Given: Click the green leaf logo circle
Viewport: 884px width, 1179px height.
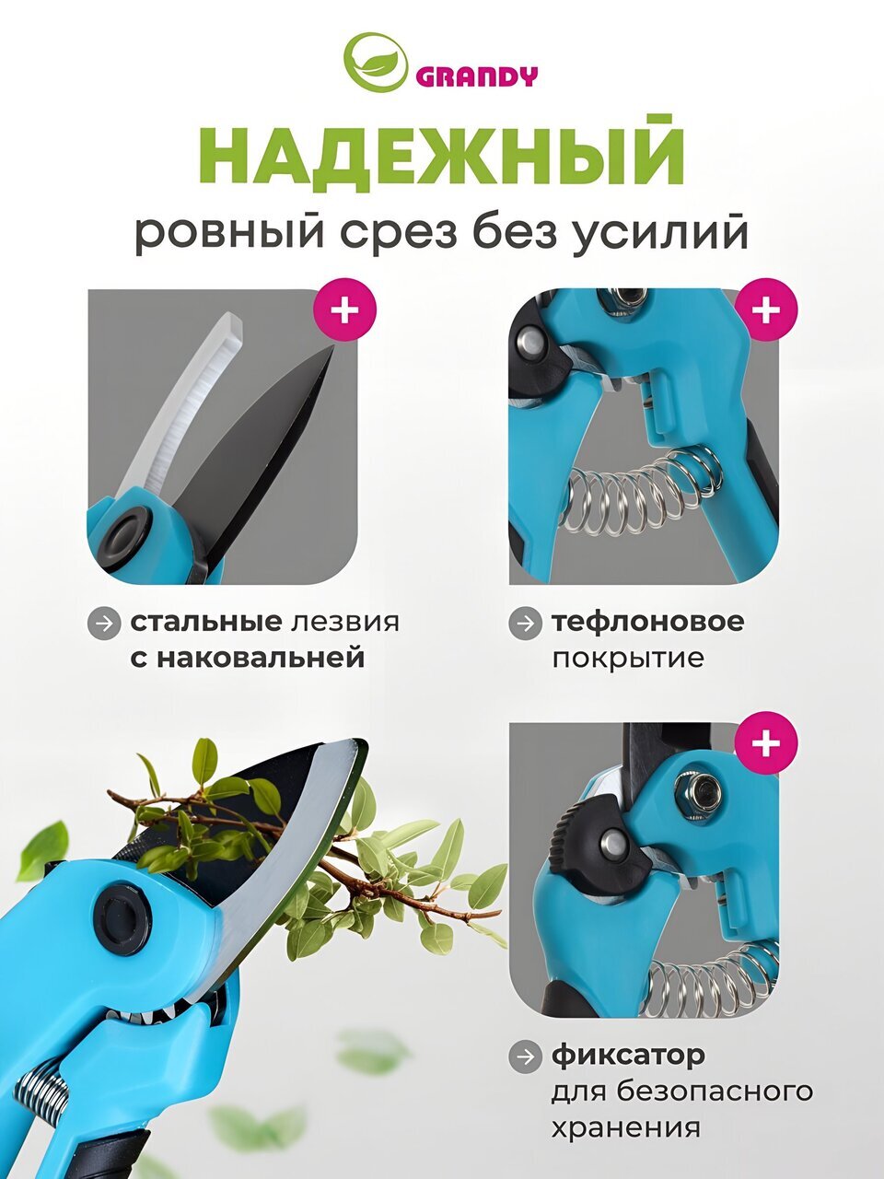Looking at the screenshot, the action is point(376,60).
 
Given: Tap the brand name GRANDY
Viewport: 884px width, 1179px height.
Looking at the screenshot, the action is point(476,77).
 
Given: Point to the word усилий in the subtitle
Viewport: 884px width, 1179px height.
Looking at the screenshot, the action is point(658,231).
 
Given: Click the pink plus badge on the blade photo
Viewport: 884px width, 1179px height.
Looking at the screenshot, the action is point(345,309).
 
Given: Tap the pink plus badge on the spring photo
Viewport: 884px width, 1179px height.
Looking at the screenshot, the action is point(766,309).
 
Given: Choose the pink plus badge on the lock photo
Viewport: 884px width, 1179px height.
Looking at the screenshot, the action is point(766,742).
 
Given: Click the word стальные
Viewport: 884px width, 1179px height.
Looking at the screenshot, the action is point(205,622).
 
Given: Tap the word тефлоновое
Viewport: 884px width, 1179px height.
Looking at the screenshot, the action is point(648,622).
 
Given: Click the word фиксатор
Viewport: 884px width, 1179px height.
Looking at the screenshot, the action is point(629,1056).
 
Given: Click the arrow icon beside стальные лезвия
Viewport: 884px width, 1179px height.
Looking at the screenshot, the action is point(103,624).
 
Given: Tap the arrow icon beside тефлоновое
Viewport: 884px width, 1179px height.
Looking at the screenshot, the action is point(525,624).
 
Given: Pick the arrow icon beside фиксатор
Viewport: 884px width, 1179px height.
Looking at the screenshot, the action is point(525,1057).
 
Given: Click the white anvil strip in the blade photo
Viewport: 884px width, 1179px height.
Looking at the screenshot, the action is point(177,408).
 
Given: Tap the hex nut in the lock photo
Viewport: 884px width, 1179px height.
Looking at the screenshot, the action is point(698,789).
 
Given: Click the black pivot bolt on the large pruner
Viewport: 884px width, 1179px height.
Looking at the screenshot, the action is point(122,916).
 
